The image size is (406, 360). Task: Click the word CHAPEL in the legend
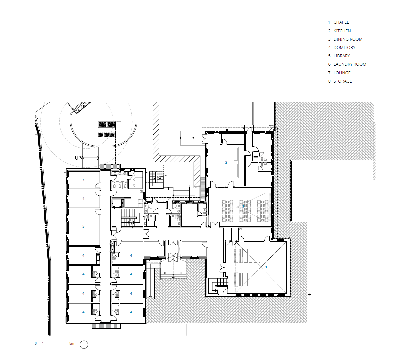pyautogui.click(x=341, y=22)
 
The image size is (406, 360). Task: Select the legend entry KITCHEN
pyautogui.click(x=342, y=31)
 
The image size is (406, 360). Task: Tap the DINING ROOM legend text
pyautogui.click(x=348, y=39)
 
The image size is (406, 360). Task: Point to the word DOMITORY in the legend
pyautogui.click(x=344, y=47)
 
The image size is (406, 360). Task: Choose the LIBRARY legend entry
pyautogui.click(x=341, y=56)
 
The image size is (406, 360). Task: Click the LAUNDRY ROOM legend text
pyautogui.click(x=350, y=64)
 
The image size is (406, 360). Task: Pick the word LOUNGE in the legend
pyautogui.click(x=342, y=73)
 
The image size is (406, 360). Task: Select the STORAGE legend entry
pyautogui.click(x=342, y=81)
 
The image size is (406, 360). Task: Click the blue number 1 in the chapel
pyautogui.click(x=266, y=267)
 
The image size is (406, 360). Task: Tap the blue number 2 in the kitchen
pyautogui.click(x=226, y=162)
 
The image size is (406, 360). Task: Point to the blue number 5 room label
pyautogui.click(x=83, y=226)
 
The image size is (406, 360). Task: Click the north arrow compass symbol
pyautogui.click(x=84, y=344)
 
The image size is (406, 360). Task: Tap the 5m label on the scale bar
pyautogui.click(x=72, y=343)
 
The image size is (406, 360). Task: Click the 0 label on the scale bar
pyautogui.click(x=36, y=343)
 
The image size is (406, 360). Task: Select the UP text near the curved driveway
pyautogui.click(x=78, y=158)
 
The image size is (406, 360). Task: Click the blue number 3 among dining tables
pyautogui.click(x=243, y=206)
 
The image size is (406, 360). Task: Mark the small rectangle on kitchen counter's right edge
pyautogui.click(x=236, y=162)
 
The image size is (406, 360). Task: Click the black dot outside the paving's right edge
pyautogui.click(x=309, y=294)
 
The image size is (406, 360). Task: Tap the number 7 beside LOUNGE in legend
pyautogui.click(x=329, y=73)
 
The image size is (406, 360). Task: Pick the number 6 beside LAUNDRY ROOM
pyautogui.click(x=329, y=64)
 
